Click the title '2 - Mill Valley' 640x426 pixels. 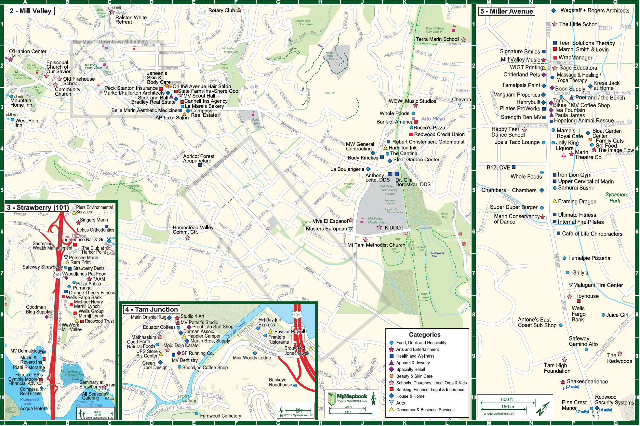(31, 11)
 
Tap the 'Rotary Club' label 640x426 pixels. (221, 10)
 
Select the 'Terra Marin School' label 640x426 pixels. (437, 39)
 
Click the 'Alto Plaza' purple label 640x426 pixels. (433, 119)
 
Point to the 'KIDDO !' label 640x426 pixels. (394, 228)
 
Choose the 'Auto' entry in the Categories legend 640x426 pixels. (400, 403)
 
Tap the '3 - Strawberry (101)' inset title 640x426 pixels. (37, 207)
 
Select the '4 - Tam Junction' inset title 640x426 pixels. (152, 310)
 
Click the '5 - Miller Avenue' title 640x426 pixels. (507, 11)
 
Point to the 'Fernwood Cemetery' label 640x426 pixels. (220, 416)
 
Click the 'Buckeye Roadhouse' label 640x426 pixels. (280, 382)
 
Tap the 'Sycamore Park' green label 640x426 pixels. (616, 198)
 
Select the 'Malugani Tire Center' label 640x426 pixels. (598, 285)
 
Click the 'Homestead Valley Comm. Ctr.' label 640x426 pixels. (193, 230)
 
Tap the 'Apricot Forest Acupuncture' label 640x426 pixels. (198, 159)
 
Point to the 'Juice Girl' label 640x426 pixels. (617, 315)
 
